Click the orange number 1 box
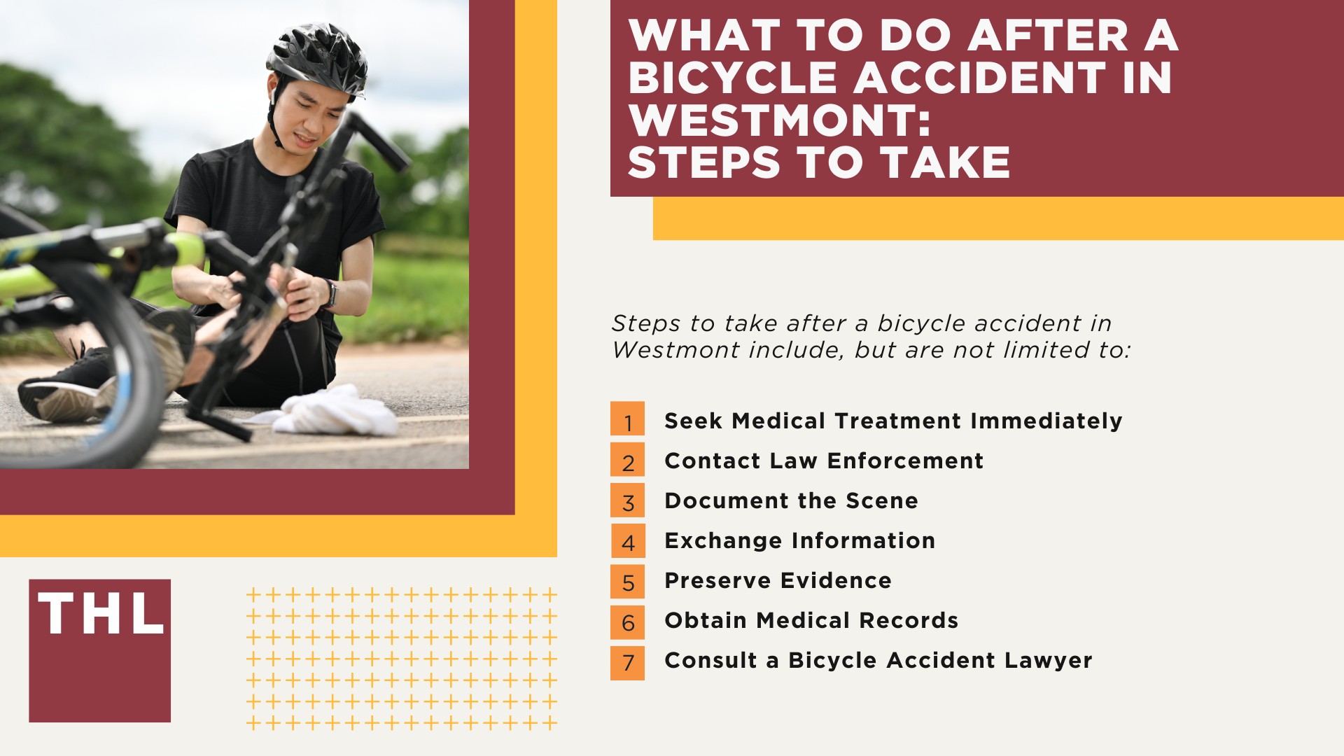click(627, 419)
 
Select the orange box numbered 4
click(627, 540)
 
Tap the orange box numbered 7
click(627, 662)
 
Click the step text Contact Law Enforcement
click(823, 461)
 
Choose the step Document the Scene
click(790, 500)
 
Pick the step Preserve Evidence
click(778, 580)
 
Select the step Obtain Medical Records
click(811, 620)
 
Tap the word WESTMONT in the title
click(779, 120)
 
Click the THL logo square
click(99, 650)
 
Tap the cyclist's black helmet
click(318, 57)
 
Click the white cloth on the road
click(336, 413)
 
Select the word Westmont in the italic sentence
click(673, 349)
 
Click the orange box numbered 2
click(627, 459)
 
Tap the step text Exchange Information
click(799, 540)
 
